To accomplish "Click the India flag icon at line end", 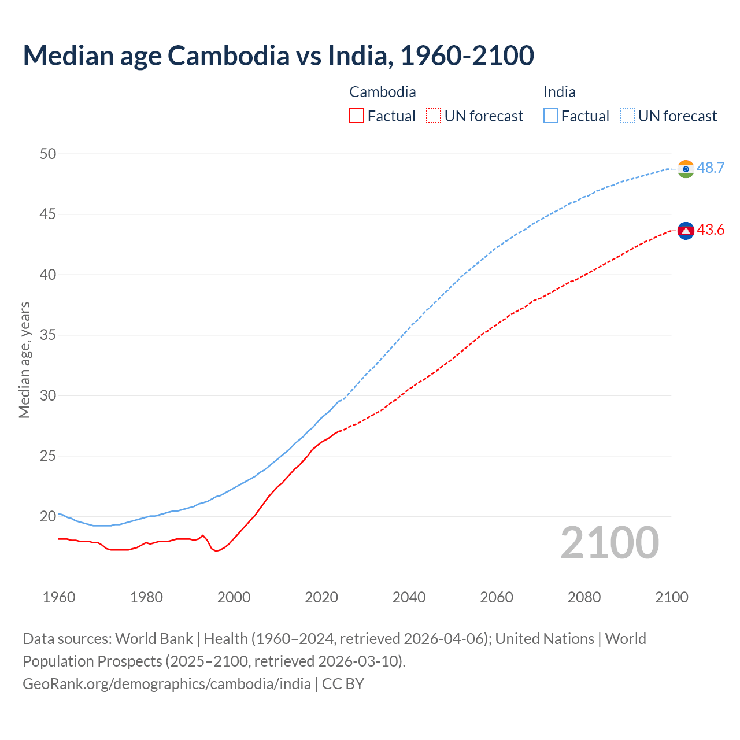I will [x=686, y=169].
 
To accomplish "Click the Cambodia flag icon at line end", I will [x=686, y=231].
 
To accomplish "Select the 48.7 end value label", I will [x=711, y=168].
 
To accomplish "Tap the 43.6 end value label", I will [x=711, y=230].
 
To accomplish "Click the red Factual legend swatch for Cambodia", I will [x=357, y=116].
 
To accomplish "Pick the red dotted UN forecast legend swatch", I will [x=434, y=116].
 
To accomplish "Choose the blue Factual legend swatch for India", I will [x=550, y=116].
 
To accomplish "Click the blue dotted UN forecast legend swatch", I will [x=627, y=116].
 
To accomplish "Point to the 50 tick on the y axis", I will [x=48, y=154].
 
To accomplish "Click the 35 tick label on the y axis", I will [x=48, y=335].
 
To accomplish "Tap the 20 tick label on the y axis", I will [x=48, y=516].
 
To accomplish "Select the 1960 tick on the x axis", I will [x=59, y=597].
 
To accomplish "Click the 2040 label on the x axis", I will [x=409, y=597].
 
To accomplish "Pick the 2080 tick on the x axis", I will [x=584, y=597].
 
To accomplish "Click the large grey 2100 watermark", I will [x=609, y=543].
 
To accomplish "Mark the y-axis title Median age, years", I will [x=24, y=360].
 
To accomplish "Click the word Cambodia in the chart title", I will [x=228, y=55].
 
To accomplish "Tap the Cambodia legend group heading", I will [x=382, y=92].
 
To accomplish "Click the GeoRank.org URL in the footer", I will [x=166, y=684].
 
